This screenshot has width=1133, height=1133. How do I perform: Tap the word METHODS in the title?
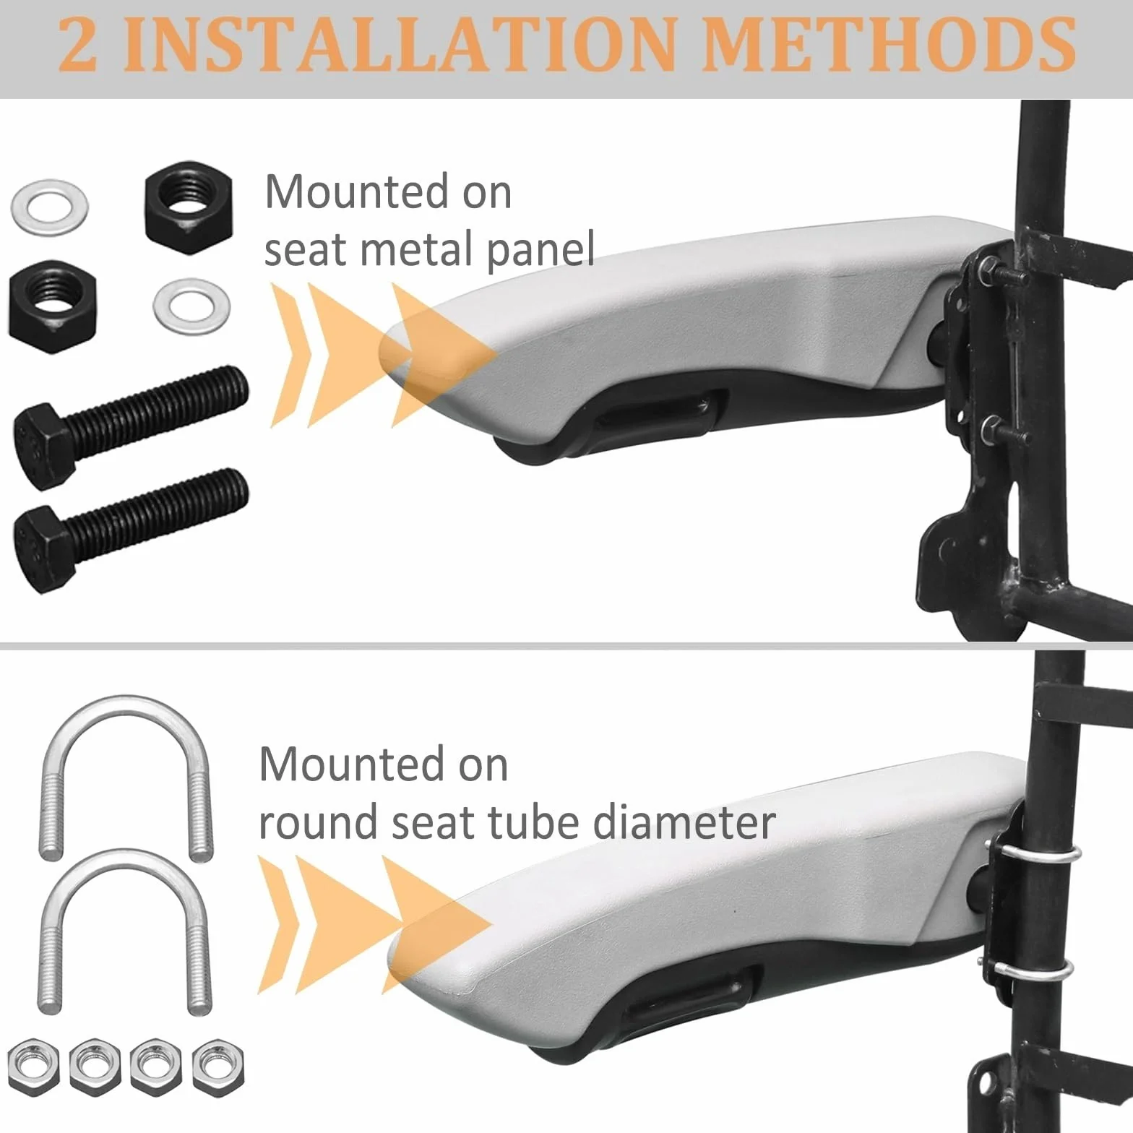coord(889,45)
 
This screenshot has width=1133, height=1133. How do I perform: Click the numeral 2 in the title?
coord(77,45)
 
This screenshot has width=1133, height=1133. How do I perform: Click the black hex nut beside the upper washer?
coord(188,207)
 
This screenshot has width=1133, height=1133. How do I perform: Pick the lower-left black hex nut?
coord(52,306)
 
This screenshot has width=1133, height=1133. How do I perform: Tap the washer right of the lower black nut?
coord(192,306)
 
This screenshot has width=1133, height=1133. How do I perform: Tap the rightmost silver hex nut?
coord(218,1067)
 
